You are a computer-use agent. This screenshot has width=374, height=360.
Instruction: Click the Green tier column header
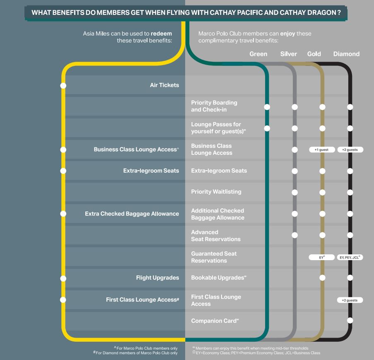click(258, 54)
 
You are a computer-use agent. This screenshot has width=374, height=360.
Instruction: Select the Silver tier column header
click(288, 54)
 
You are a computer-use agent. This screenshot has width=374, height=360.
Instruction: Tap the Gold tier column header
click(314, 54)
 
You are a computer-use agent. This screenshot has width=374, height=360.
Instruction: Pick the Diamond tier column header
click(346, 54)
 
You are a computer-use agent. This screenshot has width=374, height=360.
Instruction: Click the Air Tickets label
click(164, 85)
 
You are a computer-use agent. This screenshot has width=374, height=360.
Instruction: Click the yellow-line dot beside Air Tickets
click(63, 86)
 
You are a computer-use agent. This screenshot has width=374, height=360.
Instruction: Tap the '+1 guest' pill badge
click(322, 150)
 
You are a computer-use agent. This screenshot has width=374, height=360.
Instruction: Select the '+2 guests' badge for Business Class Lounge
click(350, 150)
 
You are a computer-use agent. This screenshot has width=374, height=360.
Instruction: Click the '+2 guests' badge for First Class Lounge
click(350, 300)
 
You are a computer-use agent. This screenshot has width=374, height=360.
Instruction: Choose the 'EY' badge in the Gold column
click(322, 257)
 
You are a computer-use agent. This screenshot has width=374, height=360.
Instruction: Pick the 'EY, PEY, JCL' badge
click(350, 257)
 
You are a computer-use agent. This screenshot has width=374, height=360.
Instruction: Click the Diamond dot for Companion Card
click(350, 320)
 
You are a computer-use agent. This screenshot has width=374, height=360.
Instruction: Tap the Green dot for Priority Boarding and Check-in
click(267, 107)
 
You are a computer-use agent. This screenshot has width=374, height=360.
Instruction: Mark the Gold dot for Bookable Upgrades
click(322, 278)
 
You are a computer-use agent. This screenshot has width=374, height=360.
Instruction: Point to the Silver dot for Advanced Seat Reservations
click(294, 235)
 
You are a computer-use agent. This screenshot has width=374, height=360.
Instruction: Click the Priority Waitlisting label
click(216, 192)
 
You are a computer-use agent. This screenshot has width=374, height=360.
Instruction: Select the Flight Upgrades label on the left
click(157, 278)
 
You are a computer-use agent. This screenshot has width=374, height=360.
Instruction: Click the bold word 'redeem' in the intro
click(162, 34)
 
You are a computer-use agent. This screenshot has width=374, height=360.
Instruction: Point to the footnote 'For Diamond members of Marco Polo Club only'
click(137, 353)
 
